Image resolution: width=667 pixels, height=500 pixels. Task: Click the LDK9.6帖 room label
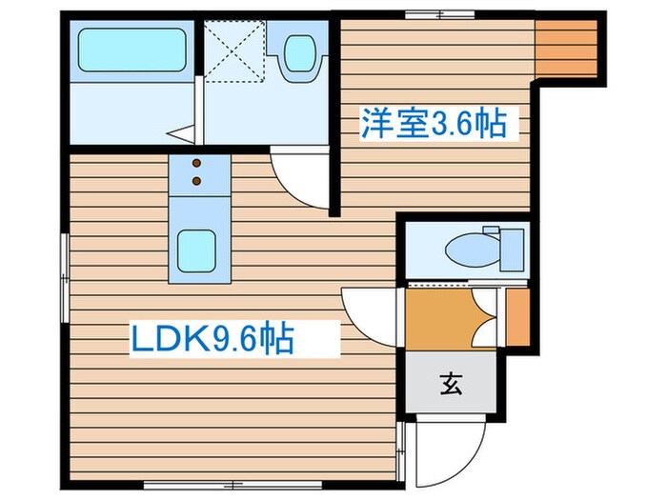(x=212, y=339)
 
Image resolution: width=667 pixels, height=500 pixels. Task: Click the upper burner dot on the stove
(x=198, y=164)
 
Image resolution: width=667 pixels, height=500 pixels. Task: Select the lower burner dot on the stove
(x=198, y=179)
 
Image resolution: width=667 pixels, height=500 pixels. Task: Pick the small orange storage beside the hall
(x=518, y=315)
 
